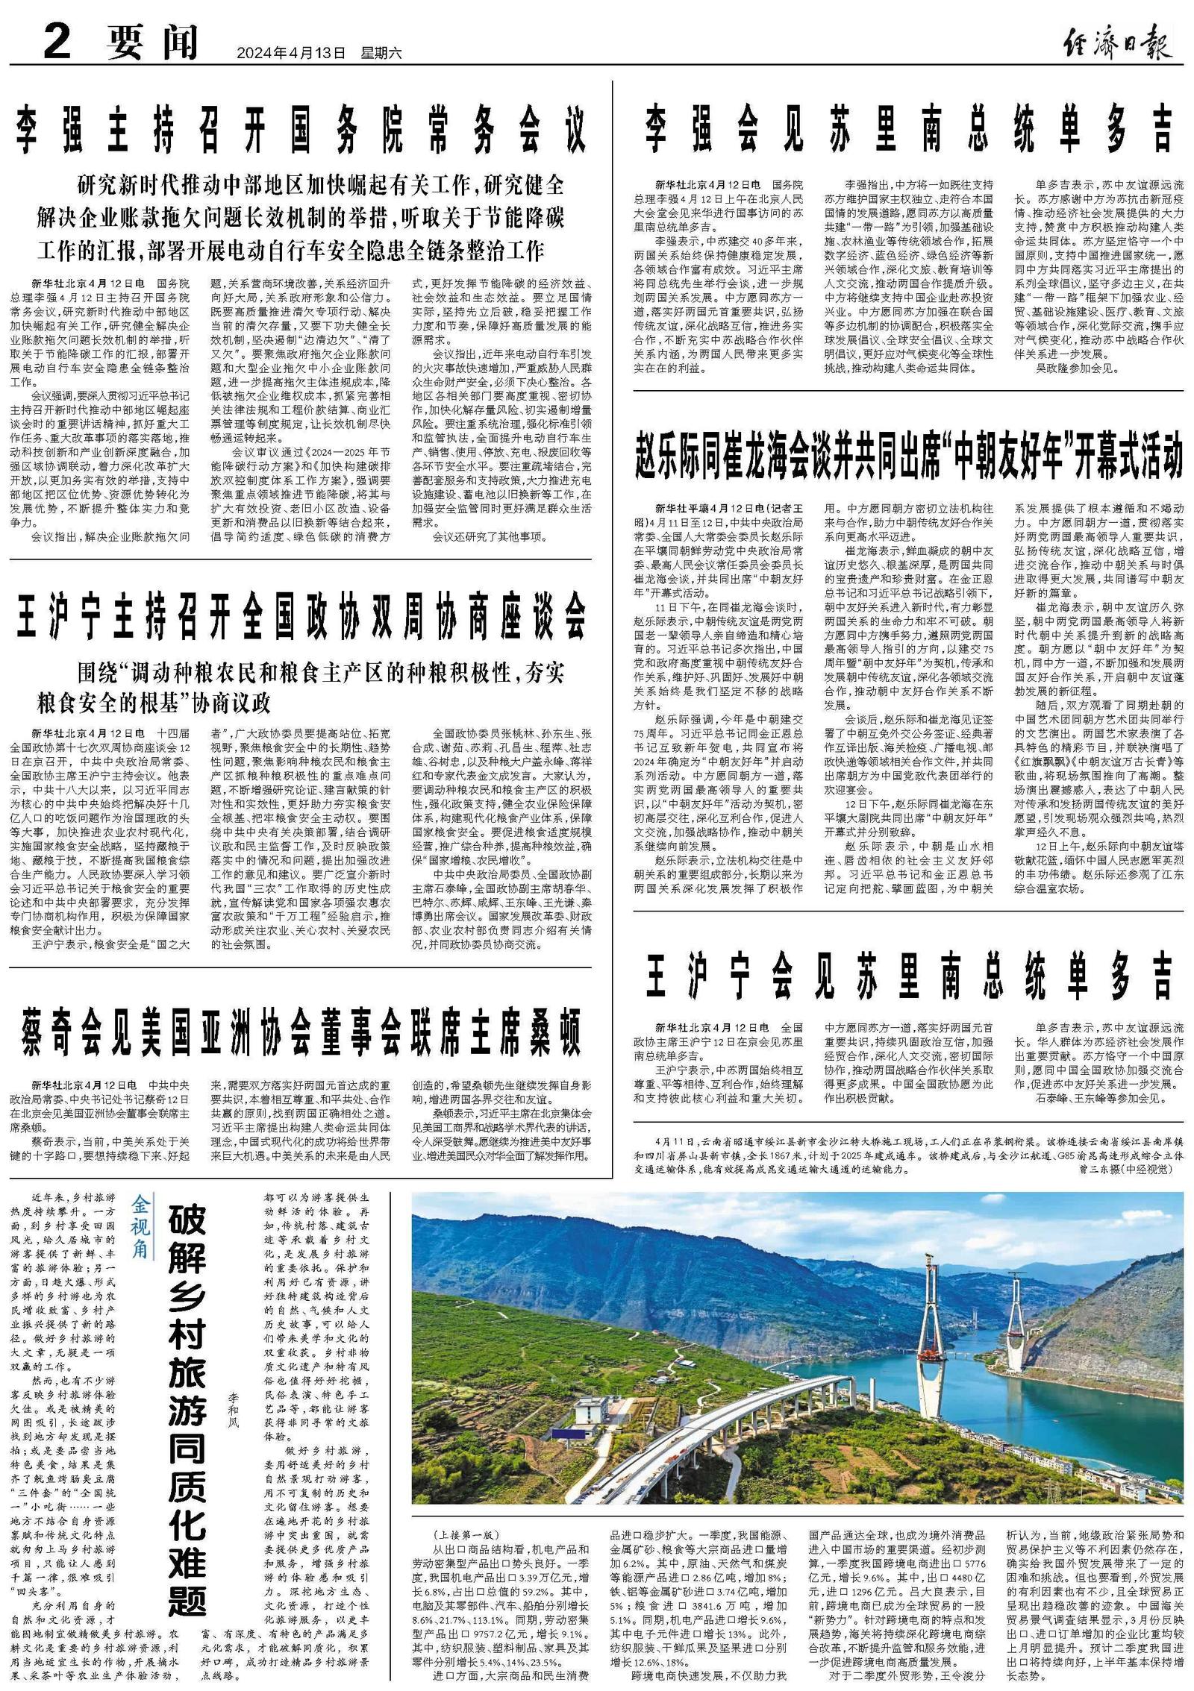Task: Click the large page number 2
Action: (x=57, y=41)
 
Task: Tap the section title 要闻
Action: (x=152, y=42)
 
